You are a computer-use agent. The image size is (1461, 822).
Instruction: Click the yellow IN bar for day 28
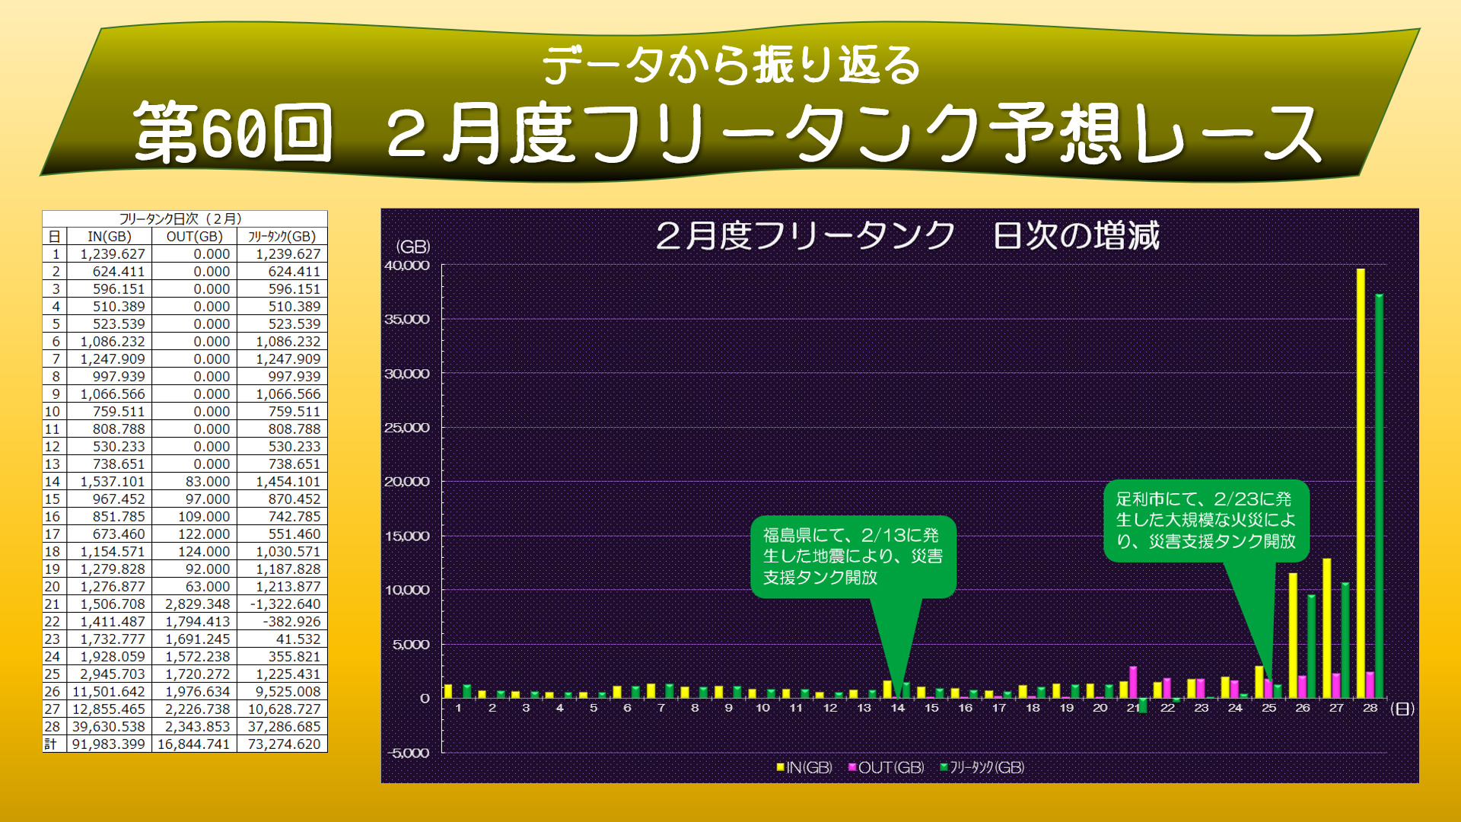1361,483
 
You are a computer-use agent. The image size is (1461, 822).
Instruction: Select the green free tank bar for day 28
1379,495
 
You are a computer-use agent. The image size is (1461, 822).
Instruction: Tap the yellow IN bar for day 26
1293,636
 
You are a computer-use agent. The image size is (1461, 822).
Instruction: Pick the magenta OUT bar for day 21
1133,683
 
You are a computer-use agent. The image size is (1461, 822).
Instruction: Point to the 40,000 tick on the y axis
407,266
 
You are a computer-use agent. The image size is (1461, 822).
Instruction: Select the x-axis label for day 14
898,708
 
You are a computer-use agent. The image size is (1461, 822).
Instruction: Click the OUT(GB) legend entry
886,767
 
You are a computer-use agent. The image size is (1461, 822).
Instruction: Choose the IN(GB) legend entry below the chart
804,767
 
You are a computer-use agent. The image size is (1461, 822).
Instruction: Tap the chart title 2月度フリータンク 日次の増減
907,235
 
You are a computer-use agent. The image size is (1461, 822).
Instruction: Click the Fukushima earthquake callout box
852,556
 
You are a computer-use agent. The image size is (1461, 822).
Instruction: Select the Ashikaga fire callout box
1205,520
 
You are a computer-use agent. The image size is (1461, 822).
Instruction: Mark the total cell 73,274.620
284,744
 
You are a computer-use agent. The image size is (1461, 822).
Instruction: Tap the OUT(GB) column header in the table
194,237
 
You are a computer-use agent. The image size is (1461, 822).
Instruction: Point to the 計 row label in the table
51,744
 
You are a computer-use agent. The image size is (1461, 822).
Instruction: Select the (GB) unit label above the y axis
413,247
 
